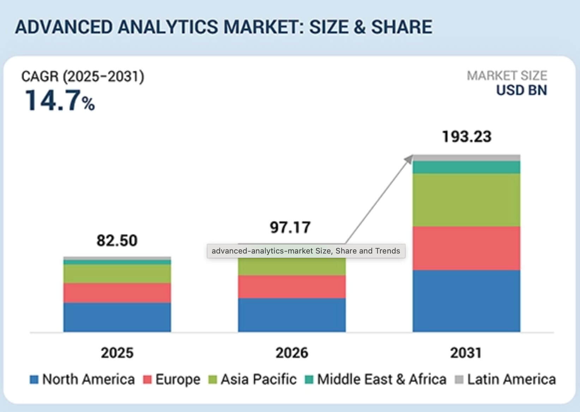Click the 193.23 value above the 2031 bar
(x=466, y=137)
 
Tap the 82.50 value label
(x=117, y=241)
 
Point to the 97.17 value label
(x=290, y=227)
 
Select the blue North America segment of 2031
(x=466, y=301)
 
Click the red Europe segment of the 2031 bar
(x=466, y=248)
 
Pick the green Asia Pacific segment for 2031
(x=466, y=200)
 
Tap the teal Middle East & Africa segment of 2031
(x=466, y=167)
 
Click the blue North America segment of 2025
(x=117, y=317)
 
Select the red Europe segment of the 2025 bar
(x=117, y=293)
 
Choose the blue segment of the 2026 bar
(x=292, y=315)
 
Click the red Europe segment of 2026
(x=292, y=287)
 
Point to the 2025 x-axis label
(x=117, y=352)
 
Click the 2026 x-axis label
(x=292, y=352)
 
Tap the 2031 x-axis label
(x=466, y=352)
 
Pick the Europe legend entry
(x=172, y=379)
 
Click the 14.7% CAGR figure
(x=59, y=101)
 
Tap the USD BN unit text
(x=521, y=90)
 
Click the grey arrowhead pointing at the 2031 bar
(x=409, y=159)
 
